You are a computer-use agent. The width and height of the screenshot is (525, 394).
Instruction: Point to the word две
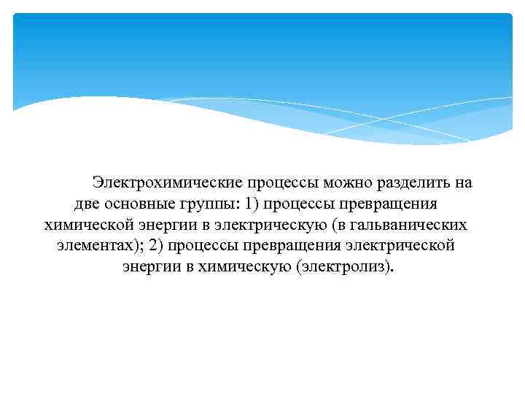89,204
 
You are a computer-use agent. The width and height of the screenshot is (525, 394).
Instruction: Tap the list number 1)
252,204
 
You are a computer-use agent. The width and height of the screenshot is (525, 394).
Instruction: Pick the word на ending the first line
464,182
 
